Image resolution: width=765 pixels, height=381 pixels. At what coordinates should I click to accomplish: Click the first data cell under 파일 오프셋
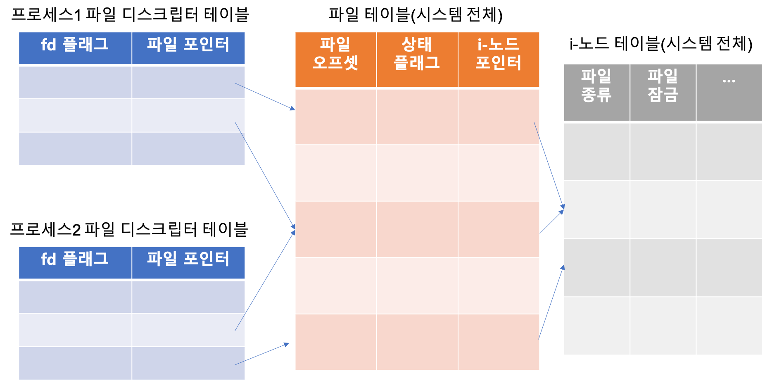pyautogui.click(x=335, y=117)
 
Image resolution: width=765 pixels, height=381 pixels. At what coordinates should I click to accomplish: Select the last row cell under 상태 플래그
pyautogui.click(x=417, y=342)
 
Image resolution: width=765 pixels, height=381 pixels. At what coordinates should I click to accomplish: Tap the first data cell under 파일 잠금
pyautogui.click(x=663, y=151)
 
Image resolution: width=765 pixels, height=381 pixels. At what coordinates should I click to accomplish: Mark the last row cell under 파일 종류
pyautogui.click(x=596, y=326)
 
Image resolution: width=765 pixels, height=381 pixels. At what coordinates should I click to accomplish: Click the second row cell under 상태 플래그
pyautogui.click(x=417, y=173)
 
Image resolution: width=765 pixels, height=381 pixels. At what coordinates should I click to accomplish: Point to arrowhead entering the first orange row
pyautogui.click(x=292, y=109)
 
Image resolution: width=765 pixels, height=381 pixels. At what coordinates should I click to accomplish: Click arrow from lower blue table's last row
pyautogui.click(x=262, y=354)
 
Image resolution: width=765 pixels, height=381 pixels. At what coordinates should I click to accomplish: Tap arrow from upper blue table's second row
pyautogui.click(x=264, y=174)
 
